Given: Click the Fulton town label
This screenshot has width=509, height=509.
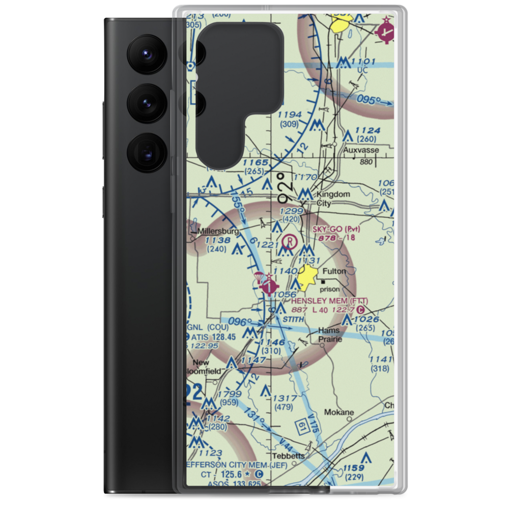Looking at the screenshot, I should (334, 271).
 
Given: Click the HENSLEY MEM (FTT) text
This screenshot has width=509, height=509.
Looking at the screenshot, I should (329, 301).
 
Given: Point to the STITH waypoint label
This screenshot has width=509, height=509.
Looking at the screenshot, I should (294, 319).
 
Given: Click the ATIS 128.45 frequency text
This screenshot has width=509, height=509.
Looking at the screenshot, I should (214, 336).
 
